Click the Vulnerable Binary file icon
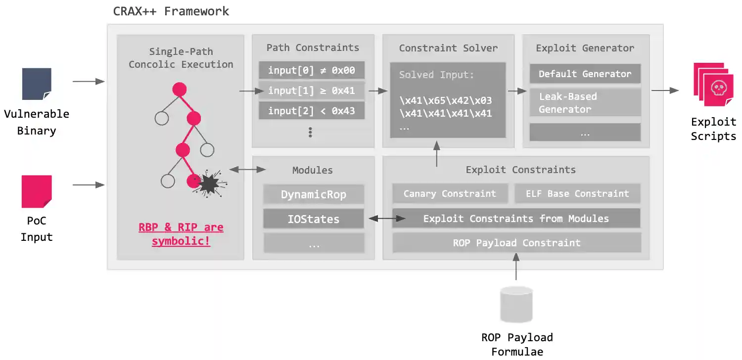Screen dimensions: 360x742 (37, 84)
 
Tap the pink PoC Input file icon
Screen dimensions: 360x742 (37, 191)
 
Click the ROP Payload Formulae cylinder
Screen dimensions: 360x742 (516, 304)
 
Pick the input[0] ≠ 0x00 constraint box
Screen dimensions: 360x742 (312, 71)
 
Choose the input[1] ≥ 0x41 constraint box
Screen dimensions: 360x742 (312, 91)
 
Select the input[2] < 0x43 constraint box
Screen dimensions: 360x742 (312, 111)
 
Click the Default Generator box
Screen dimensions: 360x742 (585, 74)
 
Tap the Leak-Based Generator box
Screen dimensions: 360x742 (585, 102)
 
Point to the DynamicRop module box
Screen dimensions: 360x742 (314, 195)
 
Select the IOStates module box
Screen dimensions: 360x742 (314, 219)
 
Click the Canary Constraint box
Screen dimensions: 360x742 (450, 194)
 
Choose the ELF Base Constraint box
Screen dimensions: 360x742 (577, 194)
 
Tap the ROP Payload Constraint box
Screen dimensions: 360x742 (516, 243)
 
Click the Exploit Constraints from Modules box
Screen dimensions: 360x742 (516, 219)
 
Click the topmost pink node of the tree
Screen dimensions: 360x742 (179, 90)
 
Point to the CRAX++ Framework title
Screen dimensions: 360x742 (171, 11)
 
